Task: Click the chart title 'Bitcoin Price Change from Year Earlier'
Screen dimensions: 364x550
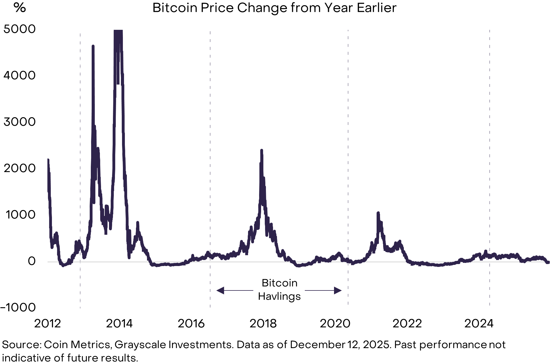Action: tap(274, 8)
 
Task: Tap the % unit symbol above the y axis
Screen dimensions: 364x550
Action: tap(20, 8)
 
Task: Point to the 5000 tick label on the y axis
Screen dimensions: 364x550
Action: tap(19, 29)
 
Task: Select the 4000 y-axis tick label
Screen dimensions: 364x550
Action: tap(19, 76)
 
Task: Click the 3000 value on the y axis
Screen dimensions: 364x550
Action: tap(19, 122)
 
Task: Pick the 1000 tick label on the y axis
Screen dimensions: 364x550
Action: tap(20, 215)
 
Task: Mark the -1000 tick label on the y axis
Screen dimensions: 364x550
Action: tap(18, 307)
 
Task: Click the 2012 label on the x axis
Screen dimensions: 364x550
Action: tap(47, 323)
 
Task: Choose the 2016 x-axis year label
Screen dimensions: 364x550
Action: tap(191, 323)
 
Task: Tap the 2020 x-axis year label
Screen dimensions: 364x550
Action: tap(335, 323)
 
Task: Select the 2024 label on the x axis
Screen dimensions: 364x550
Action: tap(479, 323)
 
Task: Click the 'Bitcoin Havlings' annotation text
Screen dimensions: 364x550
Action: tap(279, 290)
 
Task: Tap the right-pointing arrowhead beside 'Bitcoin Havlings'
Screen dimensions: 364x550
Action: tap(338, 290)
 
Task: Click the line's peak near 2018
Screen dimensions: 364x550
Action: tap(261, 150)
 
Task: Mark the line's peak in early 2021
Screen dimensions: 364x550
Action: tap(378, 213)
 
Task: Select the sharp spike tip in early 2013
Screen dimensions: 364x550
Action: tap(93, 46)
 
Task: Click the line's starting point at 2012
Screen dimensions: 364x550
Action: tap(48, 160)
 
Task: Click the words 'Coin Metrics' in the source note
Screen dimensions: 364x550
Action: tap(77, 345)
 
